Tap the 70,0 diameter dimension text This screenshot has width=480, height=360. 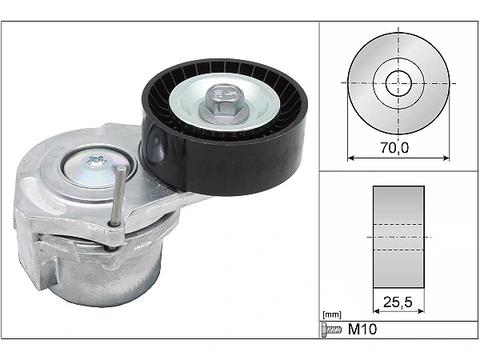pyautogui.click(x=395, y=147)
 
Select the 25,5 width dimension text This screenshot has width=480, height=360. pyautogui.click(x=398, y=302)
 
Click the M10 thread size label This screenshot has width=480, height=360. pyautogui.click(x=362, y=329)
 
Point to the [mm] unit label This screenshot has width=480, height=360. pyautogui.click(x=332, y=315)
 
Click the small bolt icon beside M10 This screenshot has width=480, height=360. pyautogui.click(x=332, y=330)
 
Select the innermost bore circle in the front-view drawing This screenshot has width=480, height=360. pyautogui.click(x=398, y=83)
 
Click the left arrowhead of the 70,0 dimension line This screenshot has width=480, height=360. pyautogui.click(x=350, y=158)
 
